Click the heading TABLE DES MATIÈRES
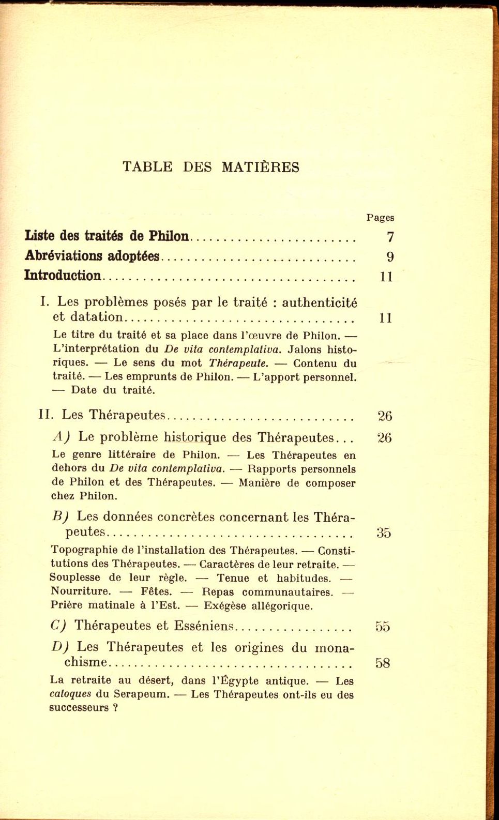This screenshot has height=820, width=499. (x=211, y=167)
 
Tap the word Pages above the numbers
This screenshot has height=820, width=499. (x=380, y=218)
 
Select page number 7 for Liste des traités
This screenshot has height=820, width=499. (x=390, y=237)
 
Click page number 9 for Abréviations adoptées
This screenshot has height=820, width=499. (x=390, y=257)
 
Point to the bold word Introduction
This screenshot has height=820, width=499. (x=63, y=276)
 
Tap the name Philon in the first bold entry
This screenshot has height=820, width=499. (x=169, y=236)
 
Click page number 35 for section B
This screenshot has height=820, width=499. (x=384, y=533)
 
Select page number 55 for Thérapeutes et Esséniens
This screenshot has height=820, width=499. (x=383, y=627)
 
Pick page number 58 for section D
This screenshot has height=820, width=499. (x=383, y=663)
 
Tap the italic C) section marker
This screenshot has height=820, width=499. (x=58, y=626)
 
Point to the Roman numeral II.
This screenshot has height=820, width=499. (x=47, y=415)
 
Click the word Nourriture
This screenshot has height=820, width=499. (x=81, y=591)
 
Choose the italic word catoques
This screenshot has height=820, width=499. (x=70, y=694)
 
